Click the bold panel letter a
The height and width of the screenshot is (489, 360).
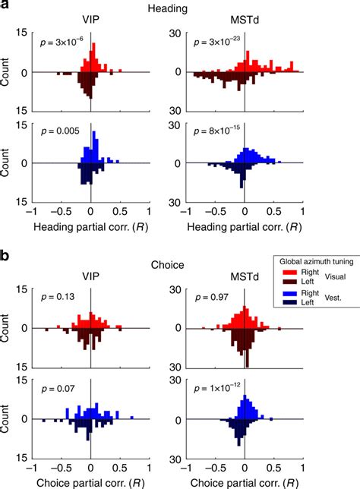pyautogui.click(x=6, y=7)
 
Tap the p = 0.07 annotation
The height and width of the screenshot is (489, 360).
pyautogui.click(x=55, y=389)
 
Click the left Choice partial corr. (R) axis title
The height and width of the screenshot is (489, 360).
pyautogui.click(x=91, y=481)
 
